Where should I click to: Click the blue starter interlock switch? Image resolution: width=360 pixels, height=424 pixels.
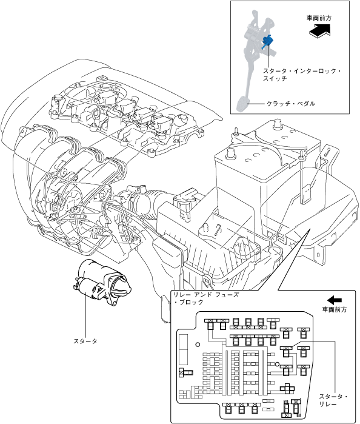(x=267, y=42)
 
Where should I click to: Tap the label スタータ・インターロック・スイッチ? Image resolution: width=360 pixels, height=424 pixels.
(x=302, y=75)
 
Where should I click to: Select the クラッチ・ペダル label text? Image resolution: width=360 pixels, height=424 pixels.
(x=291, y=104)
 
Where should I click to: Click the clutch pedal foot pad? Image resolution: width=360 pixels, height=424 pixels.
(x=242, y=104)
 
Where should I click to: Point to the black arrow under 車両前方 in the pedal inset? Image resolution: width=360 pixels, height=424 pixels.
(x=320, y=30)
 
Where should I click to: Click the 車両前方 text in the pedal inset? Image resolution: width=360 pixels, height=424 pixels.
(x=319, y=18)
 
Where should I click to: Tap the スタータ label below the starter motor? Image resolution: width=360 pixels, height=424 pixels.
(x=85, y=342)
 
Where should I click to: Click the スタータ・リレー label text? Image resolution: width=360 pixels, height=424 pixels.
(x=333, y=400)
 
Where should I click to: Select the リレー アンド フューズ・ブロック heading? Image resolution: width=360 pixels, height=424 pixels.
(x=206, y=298)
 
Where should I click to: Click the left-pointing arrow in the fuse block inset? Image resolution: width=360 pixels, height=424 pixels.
(x=335, y=300)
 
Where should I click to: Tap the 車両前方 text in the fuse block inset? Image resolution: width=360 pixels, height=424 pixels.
(x=335, y=309)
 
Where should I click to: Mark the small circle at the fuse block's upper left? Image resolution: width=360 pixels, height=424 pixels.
(x=198, y=345)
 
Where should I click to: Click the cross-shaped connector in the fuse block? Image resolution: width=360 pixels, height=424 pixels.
(x=287, y=389)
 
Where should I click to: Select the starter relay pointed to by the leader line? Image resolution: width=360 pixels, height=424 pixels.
(x=286, y=352)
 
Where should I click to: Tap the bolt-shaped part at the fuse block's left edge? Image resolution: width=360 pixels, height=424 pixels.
(x=185, y=372)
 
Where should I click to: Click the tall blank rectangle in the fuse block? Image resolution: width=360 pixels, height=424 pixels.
(x=183, y=349)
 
